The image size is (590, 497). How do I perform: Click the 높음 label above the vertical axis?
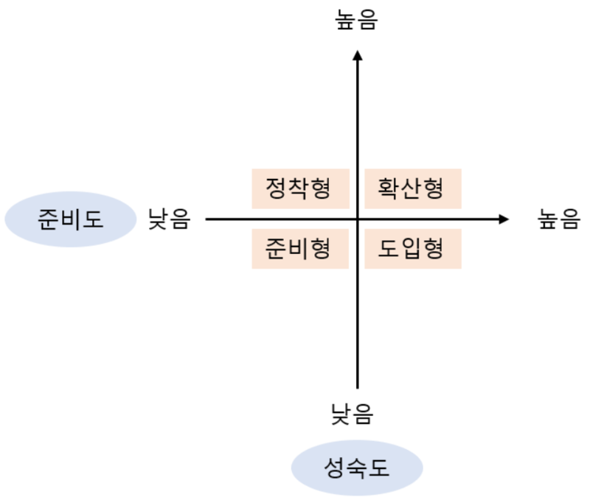pos(357,21)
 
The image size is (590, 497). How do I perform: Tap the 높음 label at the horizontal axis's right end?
pos(558,219)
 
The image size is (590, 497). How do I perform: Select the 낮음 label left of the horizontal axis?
pos(169,219)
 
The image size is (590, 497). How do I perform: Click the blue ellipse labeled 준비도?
pos(71,219)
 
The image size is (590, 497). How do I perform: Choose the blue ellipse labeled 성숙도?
pos(357,468)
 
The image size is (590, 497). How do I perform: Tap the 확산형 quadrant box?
pos(412,188)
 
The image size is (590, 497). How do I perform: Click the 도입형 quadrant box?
pos(412,249)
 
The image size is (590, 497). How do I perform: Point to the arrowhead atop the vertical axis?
pos(358,54)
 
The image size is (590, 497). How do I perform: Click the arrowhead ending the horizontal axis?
pos(504,219)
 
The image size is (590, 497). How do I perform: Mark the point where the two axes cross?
pos(358,219)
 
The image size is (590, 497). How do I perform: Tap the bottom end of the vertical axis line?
pos(358,387)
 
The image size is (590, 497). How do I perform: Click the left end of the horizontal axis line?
pos(206,219)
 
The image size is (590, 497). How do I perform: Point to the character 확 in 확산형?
pos(390,188)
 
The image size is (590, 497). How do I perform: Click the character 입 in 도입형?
pos(412,249)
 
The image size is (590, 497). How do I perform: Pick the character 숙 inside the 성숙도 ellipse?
pos(357,468)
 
